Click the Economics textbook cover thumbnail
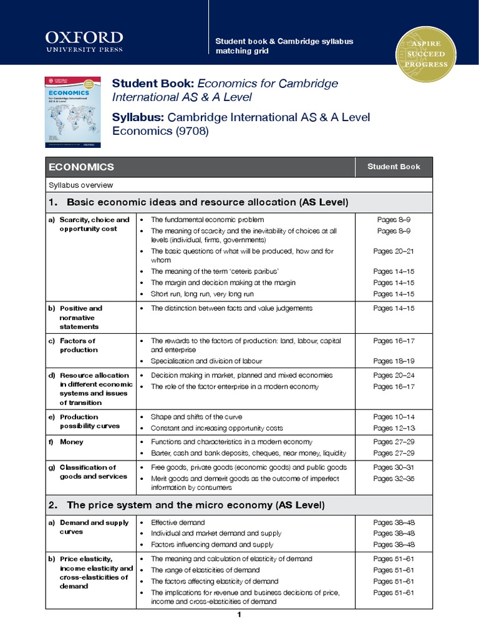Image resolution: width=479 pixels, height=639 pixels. (72, 112)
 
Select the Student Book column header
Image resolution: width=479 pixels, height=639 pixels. (394, 167)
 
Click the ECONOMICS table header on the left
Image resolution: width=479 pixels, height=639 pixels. (81, 167)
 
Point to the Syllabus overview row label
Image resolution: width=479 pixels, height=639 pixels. (80, 185)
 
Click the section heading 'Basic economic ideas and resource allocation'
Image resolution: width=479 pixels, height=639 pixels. (206, 202)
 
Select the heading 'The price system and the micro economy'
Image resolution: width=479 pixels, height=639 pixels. (195, 505)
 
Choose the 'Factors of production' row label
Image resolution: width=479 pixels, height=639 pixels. (78, 345)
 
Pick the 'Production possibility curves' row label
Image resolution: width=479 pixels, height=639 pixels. (87, 421)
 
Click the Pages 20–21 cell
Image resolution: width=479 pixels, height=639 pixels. (394, 251)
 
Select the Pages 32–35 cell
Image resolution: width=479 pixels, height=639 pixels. (394, 479)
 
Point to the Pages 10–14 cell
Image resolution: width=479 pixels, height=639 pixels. (394, 417)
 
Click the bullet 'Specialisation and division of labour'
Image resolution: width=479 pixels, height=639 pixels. (206, 361)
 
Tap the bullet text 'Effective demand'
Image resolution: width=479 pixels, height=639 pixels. (178, 522)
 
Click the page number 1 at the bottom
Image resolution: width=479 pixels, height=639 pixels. (239, 615)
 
